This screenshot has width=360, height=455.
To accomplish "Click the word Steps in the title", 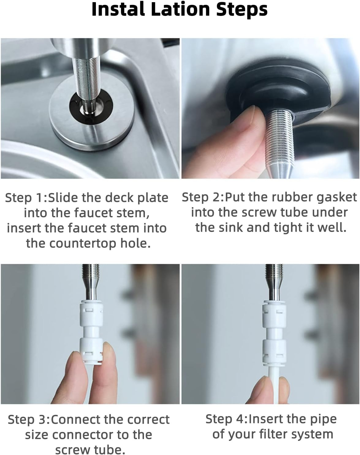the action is [x=242, y=10].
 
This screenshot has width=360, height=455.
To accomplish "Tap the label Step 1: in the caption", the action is [x=27, y=198].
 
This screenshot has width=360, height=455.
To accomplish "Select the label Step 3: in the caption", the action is [x=29, y=419].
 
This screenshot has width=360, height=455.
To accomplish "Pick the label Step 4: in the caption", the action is [x=227, y=419].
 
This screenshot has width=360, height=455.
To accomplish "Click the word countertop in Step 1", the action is [x=83, y=244].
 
